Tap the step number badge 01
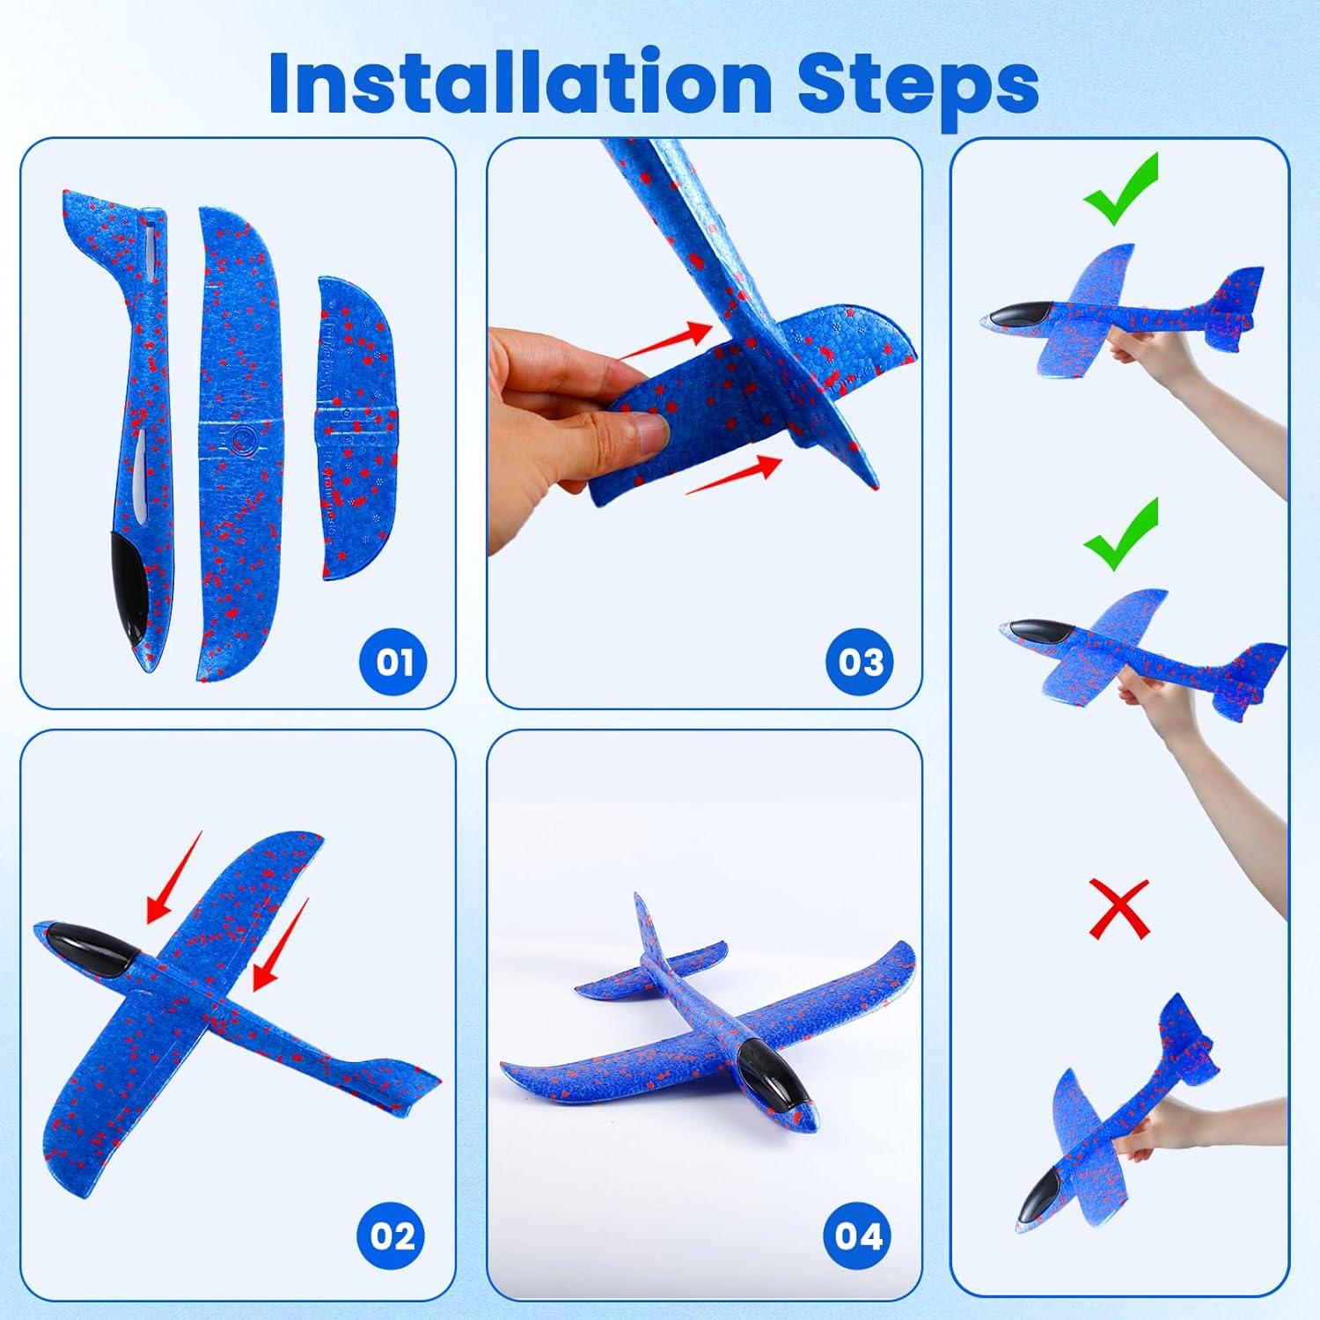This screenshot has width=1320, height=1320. [393, 661]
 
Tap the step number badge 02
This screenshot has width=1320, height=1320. [393, 1236]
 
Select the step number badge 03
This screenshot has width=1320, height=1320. [859, 661]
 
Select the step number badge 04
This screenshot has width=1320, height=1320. [859, 1236]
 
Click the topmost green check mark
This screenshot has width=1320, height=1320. [1121, 190]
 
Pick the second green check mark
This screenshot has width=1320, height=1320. [1121, 534]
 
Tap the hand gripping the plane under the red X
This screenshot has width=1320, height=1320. [1148, 1135]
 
